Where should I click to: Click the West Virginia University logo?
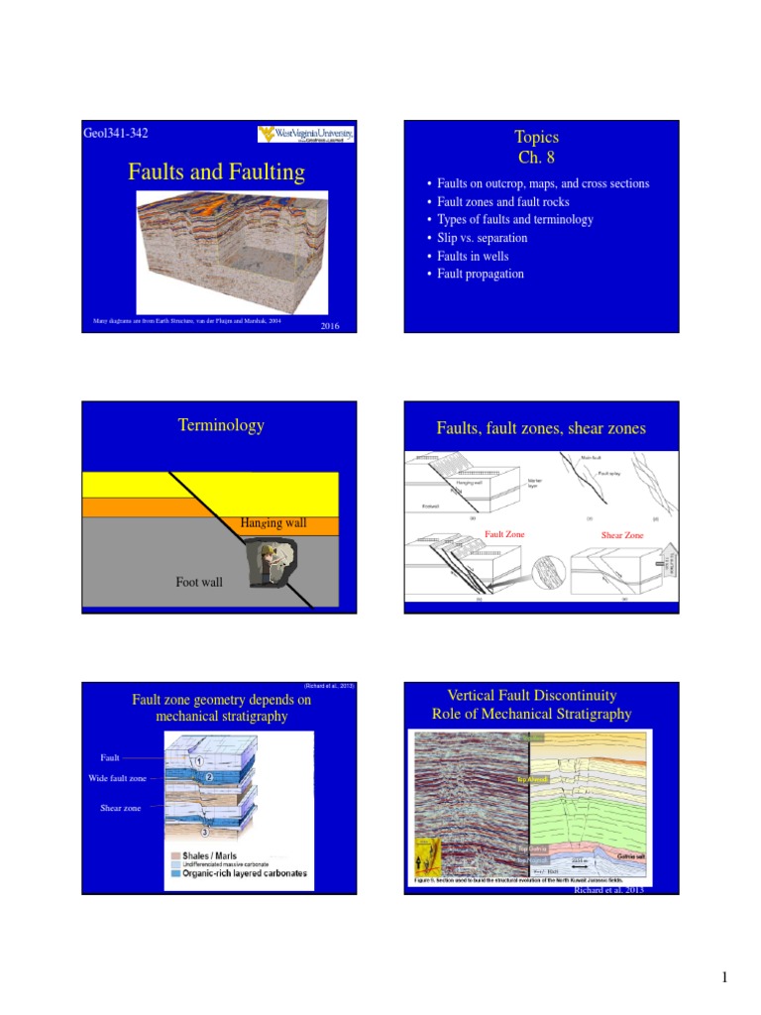point(306,135)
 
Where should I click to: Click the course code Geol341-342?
point(116,134)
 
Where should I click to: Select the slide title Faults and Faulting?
point(216,172)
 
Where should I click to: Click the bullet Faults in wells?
point(473,256)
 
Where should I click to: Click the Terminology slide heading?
point(221,425)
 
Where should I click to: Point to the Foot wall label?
point(199,582)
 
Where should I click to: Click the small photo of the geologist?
point(270,564)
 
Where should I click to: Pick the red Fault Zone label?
point(503,534)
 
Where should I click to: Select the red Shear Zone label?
point(622,535)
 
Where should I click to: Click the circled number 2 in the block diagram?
point(210,778)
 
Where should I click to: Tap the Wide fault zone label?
point(117,778)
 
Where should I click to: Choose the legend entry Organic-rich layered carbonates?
point(240,873)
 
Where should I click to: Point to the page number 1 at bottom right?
point(724,978)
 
